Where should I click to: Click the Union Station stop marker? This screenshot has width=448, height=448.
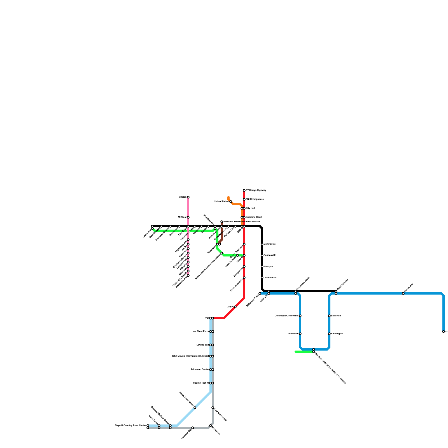point(231,202)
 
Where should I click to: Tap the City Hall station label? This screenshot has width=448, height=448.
point(250,208)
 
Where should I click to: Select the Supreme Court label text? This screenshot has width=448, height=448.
point(254,217)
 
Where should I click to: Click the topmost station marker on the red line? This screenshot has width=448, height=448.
point(244,190)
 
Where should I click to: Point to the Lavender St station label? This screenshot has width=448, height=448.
point(270,278)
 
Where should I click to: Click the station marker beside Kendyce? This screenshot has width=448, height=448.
point(262,267)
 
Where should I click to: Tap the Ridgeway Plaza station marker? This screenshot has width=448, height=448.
point(260,293)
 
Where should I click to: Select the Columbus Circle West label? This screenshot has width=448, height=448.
point(286,316)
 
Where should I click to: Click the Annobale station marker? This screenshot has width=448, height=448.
point(300,334)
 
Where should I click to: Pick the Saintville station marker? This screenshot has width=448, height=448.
point(329,316)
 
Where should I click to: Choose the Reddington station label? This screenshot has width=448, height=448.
point(337,334)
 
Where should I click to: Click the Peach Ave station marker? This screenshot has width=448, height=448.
point(403,293)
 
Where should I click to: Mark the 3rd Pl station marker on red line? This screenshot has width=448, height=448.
point(235,307)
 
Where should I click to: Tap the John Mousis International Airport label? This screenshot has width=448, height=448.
point(190,356)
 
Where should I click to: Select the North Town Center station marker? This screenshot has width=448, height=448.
point(195,408)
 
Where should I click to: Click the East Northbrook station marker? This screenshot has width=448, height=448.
point(213,408)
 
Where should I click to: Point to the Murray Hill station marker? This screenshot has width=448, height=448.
point(211,426)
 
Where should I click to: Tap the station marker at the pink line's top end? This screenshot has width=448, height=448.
point(188,197)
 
